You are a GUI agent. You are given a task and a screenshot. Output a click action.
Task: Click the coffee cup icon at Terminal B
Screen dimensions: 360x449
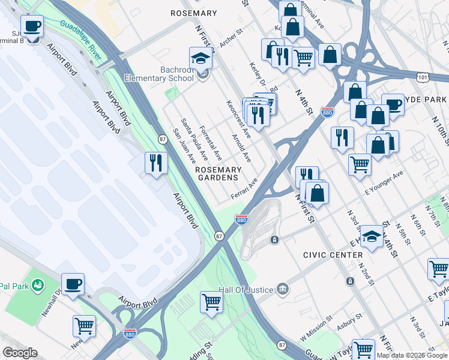tap(32, 26)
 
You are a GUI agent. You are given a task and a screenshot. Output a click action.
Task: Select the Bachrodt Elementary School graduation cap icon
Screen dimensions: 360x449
tap(201, 58)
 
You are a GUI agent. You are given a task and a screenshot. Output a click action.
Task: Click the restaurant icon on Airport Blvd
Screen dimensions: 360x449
tap(155, 163)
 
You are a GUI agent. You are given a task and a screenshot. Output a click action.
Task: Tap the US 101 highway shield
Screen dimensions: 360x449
tap(424, 76)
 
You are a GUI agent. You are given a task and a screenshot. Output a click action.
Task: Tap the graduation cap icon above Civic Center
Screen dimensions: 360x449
tap(372, 236)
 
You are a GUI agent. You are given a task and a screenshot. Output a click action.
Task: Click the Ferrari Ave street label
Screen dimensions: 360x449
tap(244, 190)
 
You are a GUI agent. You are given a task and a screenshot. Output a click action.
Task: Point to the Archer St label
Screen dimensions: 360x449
tap(229, 41)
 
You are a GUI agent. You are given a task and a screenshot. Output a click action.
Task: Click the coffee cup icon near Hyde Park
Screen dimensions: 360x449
tap(393, 104)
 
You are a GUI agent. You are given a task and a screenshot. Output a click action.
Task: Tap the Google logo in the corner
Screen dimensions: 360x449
tap(20, 353)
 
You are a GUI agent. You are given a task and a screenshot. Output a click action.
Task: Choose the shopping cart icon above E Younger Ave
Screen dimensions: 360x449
tap(359, 163)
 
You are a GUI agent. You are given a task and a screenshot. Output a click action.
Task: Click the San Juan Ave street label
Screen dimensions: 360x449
tap(184, 146)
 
